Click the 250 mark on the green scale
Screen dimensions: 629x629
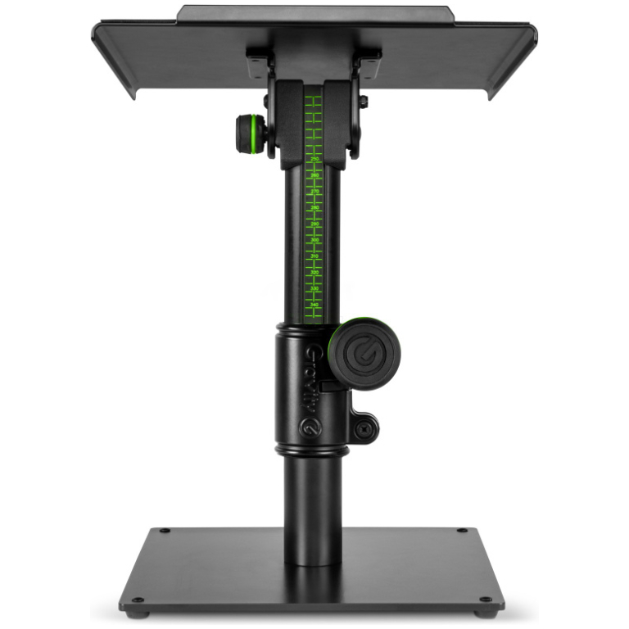pos(314,159)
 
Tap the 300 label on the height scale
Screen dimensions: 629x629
pos(314,239)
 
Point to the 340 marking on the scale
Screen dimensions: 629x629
pos(314,304)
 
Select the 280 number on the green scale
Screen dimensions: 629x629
pos(314,207)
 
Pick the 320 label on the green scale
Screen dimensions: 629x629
pos(314,272)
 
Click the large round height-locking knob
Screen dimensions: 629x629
pos(364,354)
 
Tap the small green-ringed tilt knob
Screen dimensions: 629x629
pos(251,133)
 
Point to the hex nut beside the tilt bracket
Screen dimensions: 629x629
pos(363,102)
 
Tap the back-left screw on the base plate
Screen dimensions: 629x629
pos(164,531)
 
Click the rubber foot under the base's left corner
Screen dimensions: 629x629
pos(140,613)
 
